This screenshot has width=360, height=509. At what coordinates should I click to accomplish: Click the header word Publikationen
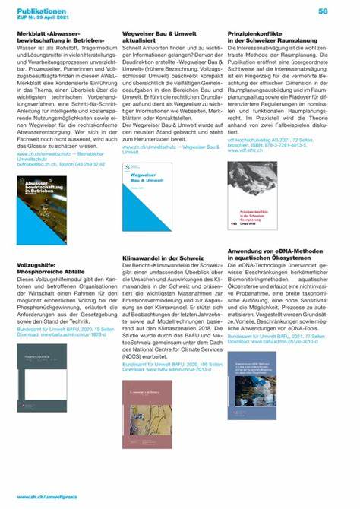(x=42, y=11)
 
